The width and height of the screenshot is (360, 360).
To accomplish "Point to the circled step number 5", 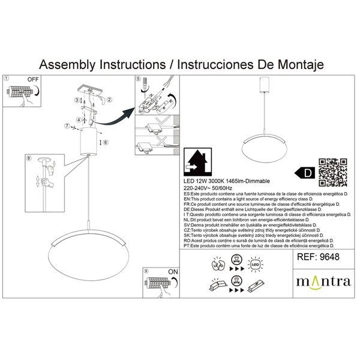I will pyautogui.click(x=138, y=79).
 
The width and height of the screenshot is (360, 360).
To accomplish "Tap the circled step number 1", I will pyautogui.click(x=7, y=79).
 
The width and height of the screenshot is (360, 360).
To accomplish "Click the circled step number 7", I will pyautogui.click(x=67, y=126).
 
